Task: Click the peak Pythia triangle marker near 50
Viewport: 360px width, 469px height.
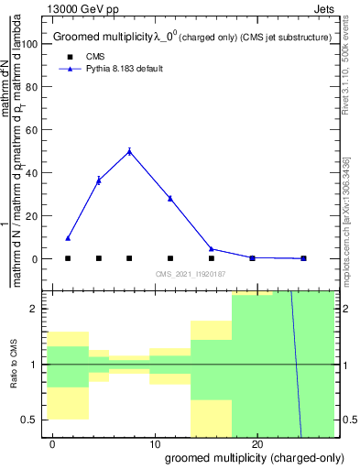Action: point(129,151)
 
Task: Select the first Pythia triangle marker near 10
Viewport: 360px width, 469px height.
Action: point(68,238)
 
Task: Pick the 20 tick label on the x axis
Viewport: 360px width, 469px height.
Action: point(257,444)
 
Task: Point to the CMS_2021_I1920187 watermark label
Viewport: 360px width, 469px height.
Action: point(191,275)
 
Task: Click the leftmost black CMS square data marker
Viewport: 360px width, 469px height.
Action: point(68,258)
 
